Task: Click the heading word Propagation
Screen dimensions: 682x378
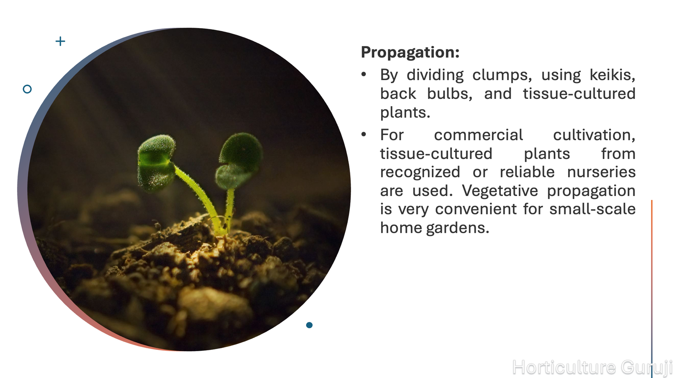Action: click(x=410, y=53)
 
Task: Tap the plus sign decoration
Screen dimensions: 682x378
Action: click(x=60, y=41)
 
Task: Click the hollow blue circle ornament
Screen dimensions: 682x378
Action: click(x=27, y=89)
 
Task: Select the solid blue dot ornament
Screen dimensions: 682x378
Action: click(x=309, y=325)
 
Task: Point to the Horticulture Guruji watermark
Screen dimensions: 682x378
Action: click(x=592, y=367)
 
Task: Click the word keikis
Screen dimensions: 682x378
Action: click(x=612, y=75)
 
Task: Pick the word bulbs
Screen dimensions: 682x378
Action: click(x=450, y=93)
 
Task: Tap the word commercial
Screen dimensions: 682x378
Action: click(x=478, y=135)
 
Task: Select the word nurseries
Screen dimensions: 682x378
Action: click(x=601, y=172)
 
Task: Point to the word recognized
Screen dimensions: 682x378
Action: click(x=420, y=173)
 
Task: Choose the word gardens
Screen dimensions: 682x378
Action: click(x=458, y=228)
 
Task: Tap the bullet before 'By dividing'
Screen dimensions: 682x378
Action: click(x=364, y=74)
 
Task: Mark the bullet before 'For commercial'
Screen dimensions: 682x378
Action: click(x=364, y=134)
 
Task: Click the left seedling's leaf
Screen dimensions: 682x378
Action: click(x=156, y=162)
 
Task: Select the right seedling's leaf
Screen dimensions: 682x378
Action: click(x=239, y=160)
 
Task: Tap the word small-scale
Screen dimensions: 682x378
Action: click(x=592, y=209)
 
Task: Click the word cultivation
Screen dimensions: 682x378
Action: click(x=594, y=135)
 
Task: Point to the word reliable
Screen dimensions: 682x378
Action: click(x=527, y=172)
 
